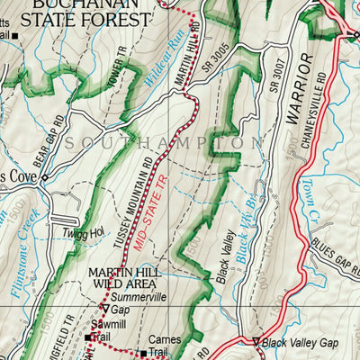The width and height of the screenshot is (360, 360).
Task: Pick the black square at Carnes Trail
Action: click(x=141, y=353)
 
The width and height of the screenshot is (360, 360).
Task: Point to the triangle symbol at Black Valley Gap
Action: click(x=256, y=341)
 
